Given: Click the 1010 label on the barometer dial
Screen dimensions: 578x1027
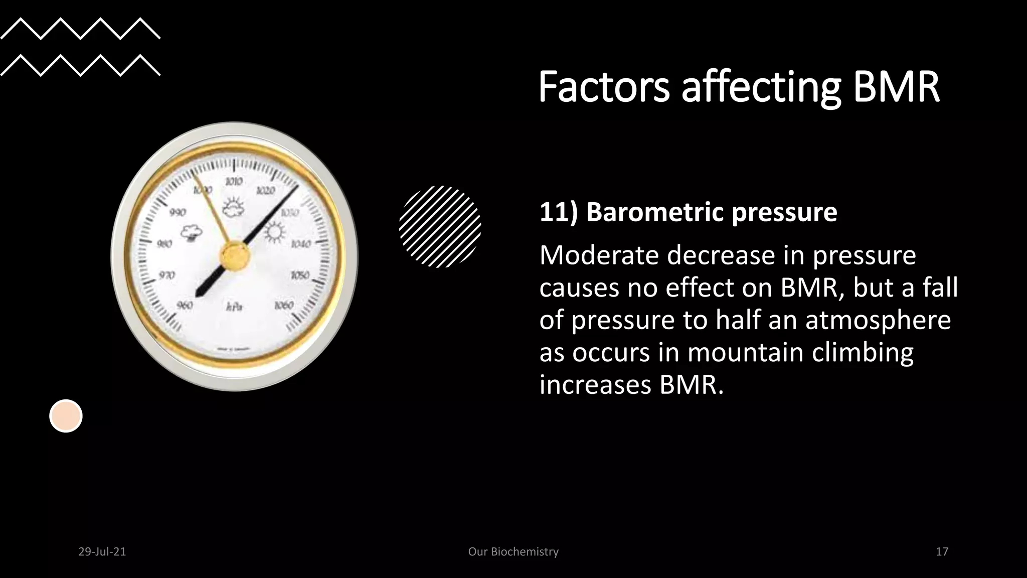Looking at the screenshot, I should point(234,181).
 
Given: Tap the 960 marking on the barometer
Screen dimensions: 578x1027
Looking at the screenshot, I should point(185,305).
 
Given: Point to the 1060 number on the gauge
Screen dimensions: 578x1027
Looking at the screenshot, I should point(283,306).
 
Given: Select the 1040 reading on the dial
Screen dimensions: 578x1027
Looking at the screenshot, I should point(301,244).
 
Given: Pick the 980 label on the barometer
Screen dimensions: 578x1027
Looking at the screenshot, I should point(164,244).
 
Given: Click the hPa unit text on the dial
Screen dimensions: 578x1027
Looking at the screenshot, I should point(234,306).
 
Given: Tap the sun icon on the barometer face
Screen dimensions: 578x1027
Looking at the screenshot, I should point(274,232).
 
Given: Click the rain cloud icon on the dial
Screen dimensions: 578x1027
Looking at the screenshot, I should point(192,233).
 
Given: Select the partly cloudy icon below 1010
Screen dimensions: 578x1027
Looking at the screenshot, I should point(233,207).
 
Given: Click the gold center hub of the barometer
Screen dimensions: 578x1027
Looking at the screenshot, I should point(235,255).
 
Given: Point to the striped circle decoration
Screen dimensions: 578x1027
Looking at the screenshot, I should point(440,226).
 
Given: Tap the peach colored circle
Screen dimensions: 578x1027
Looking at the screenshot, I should point(66,416).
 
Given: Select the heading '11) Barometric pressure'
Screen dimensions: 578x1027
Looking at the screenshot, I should point(688,212).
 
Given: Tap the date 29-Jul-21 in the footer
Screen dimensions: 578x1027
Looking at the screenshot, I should point(102,552).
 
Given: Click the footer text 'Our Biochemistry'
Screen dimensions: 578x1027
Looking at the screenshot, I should point(513,552).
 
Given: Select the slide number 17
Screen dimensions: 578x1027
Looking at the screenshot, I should point(942,552).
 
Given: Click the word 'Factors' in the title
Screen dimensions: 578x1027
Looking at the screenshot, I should point(604,87).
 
